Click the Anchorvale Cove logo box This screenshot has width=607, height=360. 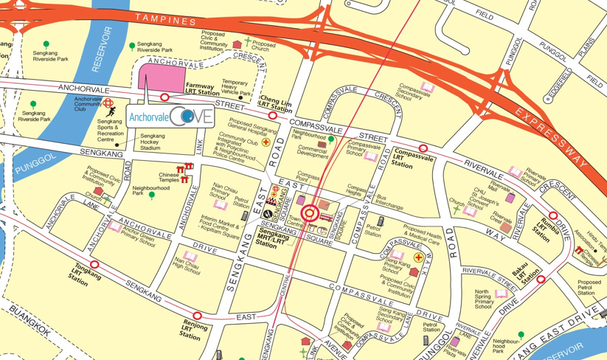click(x=171, y=116)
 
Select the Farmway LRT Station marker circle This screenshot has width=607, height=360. click(x=165, y=97)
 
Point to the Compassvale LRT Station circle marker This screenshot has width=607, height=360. click(x=423, y=148)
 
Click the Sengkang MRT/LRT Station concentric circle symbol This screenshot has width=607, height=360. click(x=310, y=214)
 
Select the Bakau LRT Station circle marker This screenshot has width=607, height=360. click(x=541, y=280)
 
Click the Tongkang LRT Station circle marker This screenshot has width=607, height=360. click(x=94, y=264)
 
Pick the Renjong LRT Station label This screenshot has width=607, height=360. click(x=195, y=329)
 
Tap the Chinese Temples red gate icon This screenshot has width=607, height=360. click(x=184, y=169)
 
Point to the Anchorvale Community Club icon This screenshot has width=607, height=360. click(x=108, y=104)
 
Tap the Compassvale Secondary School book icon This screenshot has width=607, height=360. click(x=427, y=88)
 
